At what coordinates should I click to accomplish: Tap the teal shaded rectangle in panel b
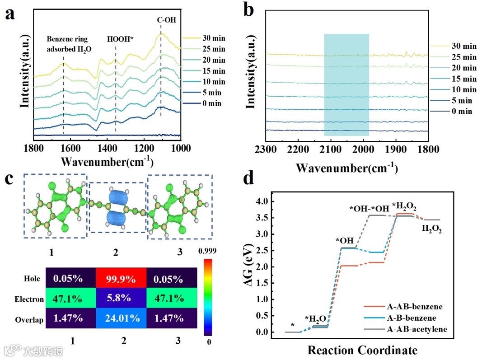346,84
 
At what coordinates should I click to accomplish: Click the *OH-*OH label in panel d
369,209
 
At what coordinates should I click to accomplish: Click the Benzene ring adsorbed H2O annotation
68,43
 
